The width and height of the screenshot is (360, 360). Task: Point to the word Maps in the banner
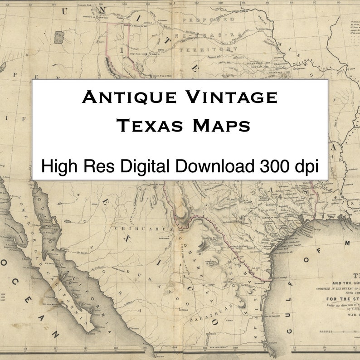(222, 126)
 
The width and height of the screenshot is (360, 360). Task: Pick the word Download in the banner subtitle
(215, 166)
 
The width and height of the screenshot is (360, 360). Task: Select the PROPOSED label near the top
(208, 20)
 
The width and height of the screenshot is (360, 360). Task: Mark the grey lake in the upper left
(59, 37)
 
